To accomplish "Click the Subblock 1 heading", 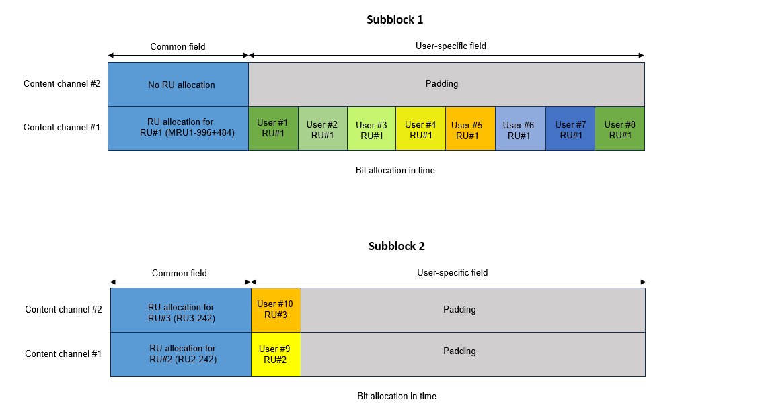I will [395, 19].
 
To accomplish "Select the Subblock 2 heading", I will [396, 246].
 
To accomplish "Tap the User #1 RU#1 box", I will [273, 128].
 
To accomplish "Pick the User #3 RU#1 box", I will [371, 128].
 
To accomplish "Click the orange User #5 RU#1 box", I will [470, 128].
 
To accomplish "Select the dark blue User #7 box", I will [570, 128].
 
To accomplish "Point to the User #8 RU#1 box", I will [619, 128].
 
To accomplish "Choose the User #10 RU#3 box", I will [276, 310].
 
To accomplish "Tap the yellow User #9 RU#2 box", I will [276, 354].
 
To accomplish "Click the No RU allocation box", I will [178, 85].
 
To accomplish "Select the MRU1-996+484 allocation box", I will [178, 128].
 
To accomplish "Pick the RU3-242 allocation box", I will [181, 310].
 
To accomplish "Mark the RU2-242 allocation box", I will [181, 354].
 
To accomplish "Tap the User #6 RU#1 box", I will [521, 128].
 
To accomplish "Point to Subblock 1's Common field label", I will [178, 47].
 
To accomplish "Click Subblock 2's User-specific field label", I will [452, 272].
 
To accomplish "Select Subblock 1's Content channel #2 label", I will [62, 84].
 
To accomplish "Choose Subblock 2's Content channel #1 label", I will [63, 353].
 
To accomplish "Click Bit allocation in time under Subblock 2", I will [397, 397].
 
